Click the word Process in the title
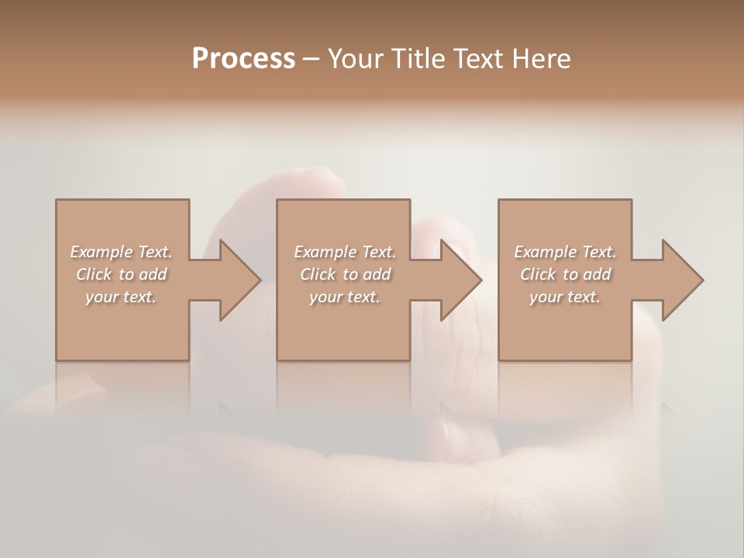pyautogui.click(x=243, y=58)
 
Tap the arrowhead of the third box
pyautogui.click(x=681, y=280)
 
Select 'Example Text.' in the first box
pyautogui.click(x=121, y=252)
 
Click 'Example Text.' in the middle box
pyautogui.click(x=344, y=252)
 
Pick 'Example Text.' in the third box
pyautogui.click(x=565, y=252)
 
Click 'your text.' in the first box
pyautogui.click(x=121, y=297)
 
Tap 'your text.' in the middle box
pyautogui.click(x=344, y=297)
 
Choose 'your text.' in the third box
pyautogui.click(x=565, y=297)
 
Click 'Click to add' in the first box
pyautogui.click(x=121, y=274)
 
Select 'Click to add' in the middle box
pyautogui.click(x=344, y=274)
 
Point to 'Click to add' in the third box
pyautogui.click(x=565, y=274)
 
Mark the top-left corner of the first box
pyautogui.click(x=57, y=200)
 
